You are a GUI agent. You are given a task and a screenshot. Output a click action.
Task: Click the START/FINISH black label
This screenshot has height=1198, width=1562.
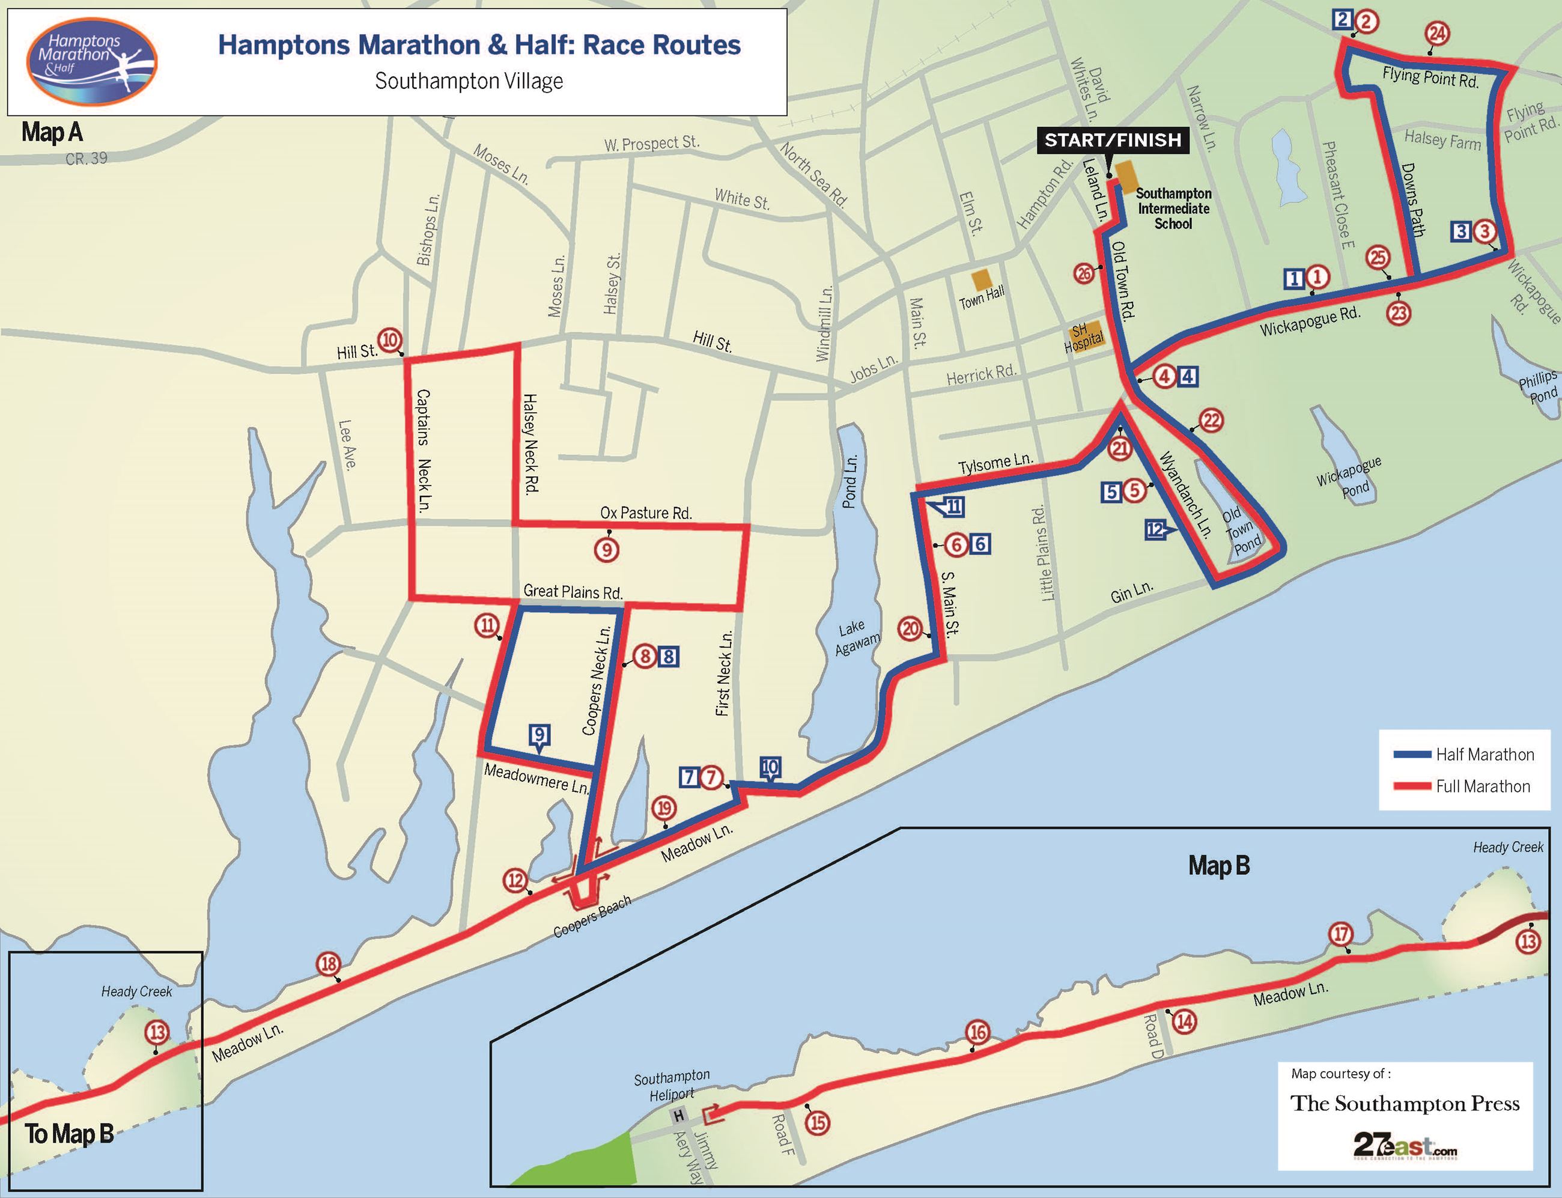(1112, 140)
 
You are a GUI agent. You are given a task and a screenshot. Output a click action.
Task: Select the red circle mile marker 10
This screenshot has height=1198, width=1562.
(390, 340)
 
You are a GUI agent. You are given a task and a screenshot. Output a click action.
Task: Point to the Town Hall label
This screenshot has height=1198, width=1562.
(981, 296)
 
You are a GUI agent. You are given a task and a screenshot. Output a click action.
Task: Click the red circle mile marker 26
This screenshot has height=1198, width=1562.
(1085, 273)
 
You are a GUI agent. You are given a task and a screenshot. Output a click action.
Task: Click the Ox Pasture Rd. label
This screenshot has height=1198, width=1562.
(646, 512)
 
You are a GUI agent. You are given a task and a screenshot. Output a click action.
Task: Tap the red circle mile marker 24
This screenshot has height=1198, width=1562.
(1437, 34)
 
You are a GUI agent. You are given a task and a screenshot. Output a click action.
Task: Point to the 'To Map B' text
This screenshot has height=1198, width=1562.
(69, 1134)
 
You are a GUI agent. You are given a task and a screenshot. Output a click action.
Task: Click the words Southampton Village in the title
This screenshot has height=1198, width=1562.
(469, 81)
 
